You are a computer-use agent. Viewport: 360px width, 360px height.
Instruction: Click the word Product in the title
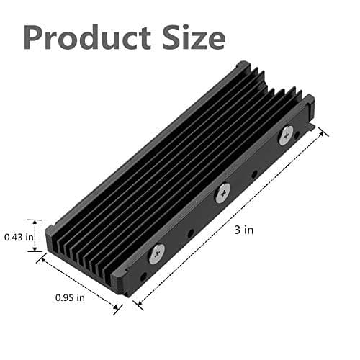click(x=87, y=37)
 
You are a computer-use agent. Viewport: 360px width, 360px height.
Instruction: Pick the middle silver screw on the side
click(x=223, y=191)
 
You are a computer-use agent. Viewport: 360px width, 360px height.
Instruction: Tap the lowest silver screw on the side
click(x=156, y=251)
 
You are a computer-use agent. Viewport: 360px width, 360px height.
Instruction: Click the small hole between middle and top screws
click(x=254, y=174)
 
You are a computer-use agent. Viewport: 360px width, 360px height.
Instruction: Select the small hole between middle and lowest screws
click(x=190, y=233)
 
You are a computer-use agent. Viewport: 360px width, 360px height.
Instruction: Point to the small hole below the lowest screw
click(x=143, y=276)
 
